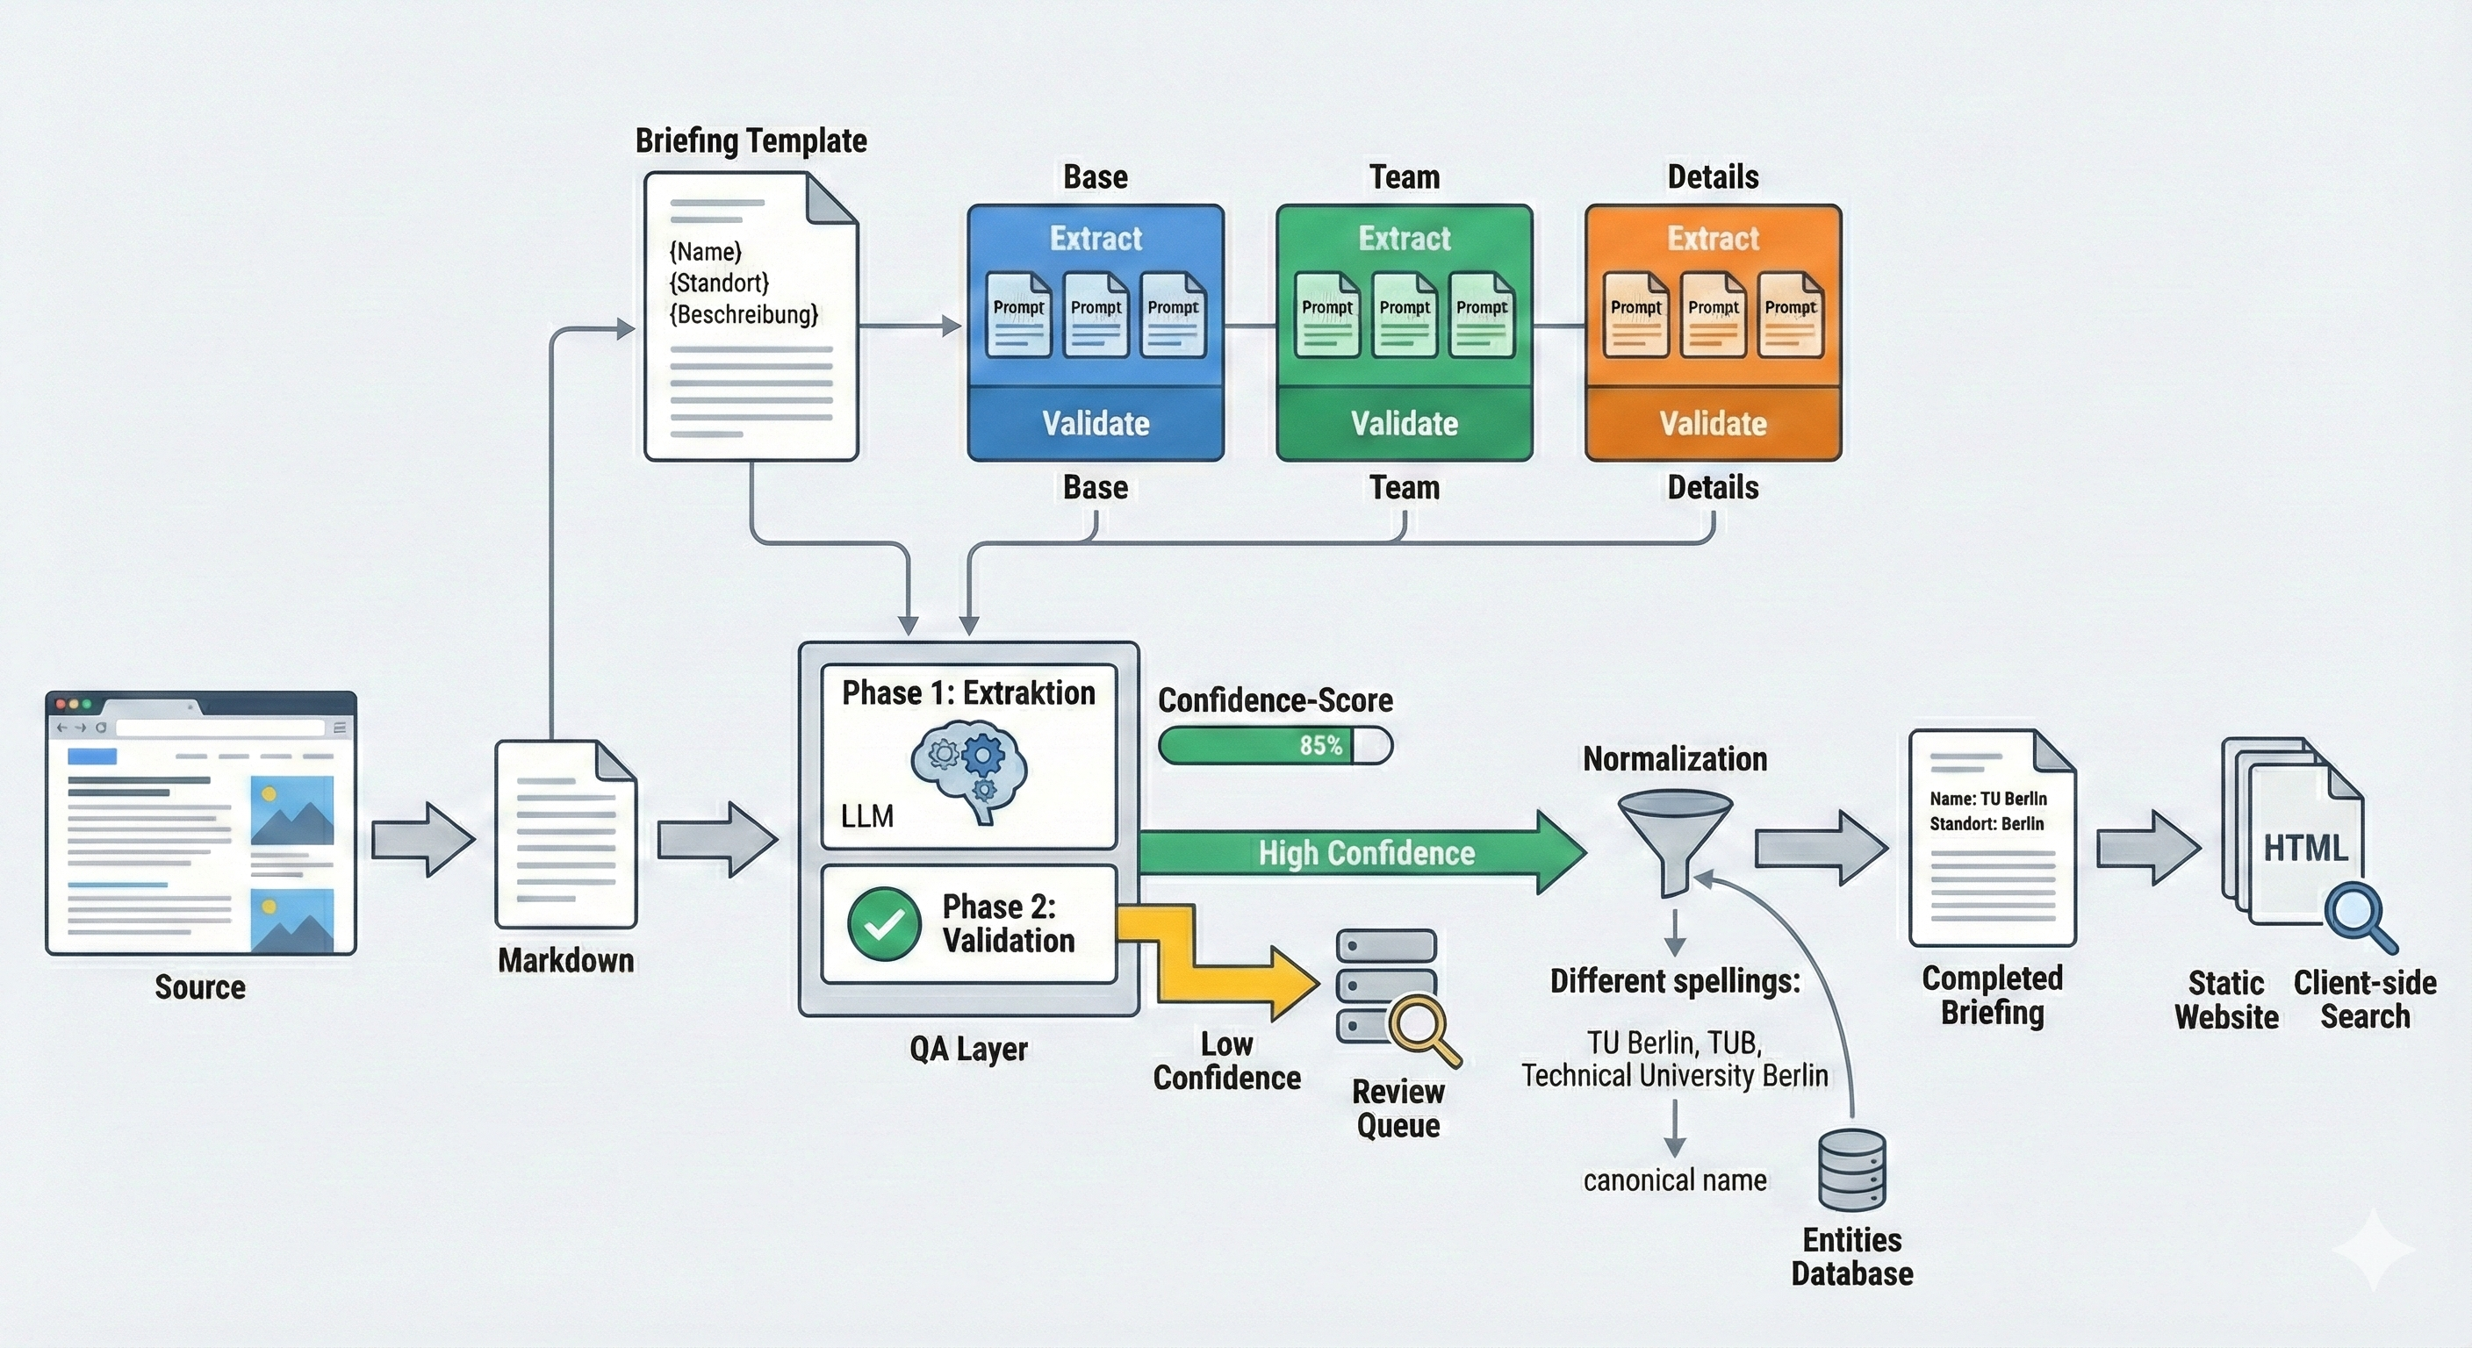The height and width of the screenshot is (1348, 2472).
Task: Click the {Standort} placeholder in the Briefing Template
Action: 719,283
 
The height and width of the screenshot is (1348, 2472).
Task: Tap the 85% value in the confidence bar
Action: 1320,745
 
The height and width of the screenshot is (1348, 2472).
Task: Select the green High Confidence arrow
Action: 1362,853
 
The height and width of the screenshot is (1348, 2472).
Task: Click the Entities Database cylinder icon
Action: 1852,1170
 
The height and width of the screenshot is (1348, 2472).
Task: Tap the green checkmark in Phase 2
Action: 884,924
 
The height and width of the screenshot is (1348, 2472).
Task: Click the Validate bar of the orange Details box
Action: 1713,424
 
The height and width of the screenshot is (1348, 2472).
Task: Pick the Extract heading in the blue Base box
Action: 1096,239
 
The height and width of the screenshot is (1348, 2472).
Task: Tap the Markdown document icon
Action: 565,834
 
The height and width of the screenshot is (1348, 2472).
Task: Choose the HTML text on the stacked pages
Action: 2305,848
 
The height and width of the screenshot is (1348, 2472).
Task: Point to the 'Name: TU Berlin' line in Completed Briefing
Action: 1987,799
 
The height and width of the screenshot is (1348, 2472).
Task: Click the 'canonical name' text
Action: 1675,1180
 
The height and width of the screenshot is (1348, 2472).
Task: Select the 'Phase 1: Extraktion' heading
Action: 968,692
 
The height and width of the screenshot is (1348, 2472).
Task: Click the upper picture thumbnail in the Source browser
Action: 291,810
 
